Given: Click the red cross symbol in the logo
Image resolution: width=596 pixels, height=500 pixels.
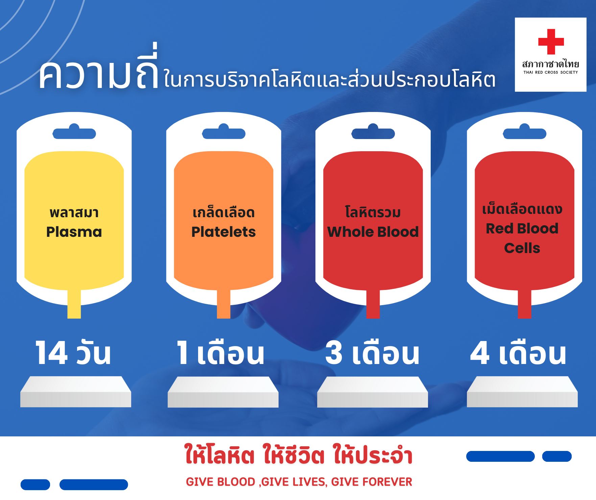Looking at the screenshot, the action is pos(551,42).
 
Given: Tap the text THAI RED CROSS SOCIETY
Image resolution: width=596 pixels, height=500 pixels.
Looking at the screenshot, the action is pos(551,72).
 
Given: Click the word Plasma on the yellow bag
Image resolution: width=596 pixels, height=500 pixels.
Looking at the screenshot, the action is pos(74,232).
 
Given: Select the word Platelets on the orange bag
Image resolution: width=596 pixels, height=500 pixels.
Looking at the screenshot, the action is pos(223,232).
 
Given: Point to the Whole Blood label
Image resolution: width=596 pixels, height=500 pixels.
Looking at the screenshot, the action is pos(373,232).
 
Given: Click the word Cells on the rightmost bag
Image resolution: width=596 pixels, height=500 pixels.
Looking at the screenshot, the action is pos(522,248).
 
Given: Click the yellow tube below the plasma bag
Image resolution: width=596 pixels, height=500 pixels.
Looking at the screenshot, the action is pos(74,304).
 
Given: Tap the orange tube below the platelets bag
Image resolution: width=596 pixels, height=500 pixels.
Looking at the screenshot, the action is pos(223,304).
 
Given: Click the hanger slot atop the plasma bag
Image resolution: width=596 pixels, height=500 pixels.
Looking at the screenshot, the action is pos(74,132).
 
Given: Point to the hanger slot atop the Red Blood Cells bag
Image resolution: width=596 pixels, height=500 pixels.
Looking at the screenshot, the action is pos(525,132).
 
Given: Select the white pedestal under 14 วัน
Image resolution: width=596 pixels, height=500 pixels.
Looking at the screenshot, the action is pos(76,392).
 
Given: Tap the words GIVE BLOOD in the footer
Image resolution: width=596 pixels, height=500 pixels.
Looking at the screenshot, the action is pos(220,482).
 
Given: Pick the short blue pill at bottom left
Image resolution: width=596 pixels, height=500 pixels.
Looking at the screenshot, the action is pos(35,484).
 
